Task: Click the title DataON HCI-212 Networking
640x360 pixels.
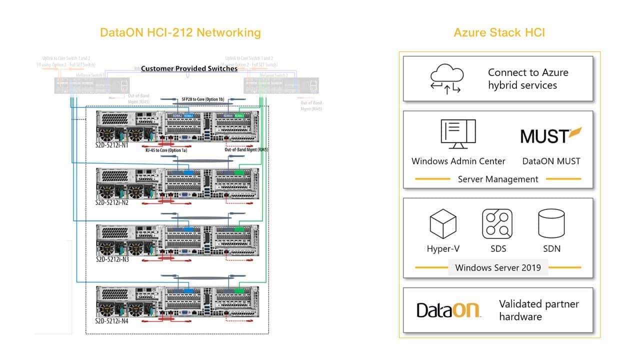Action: pyautogui.click(x=180, y=33)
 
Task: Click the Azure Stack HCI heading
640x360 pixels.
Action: pyautogui.click(x=499, y=33)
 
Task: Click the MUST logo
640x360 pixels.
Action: pyautogui.click(x=551, y=135)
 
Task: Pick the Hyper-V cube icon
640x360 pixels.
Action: pyautogui.click(x=443, y=223)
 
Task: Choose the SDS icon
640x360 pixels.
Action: pyautogui.click(x=497, y=223)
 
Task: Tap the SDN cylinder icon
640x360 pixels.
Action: pyautogui.click(x=551, y=223)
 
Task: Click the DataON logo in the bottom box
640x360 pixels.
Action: pyautogui.click(x=448, y=310)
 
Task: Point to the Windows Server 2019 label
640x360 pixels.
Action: pyautogui.click(x=497, y=267)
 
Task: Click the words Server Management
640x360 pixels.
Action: pyautogui.click(x=498, y=179)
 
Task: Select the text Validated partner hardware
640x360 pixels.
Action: pyautogui.click(x=538, y=310)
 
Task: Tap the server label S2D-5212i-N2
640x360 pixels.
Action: pyautogui.click(x=112, y=202)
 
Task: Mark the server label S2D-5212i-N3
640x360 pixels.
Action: pyautogui.click(x=112, y=260)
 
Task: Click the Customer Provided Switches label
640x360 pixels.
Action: pyautogui.click(x=189, y=68)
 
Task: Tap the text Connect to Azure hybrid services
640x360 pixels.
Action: pyautogui.click(x=528, y=79)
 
